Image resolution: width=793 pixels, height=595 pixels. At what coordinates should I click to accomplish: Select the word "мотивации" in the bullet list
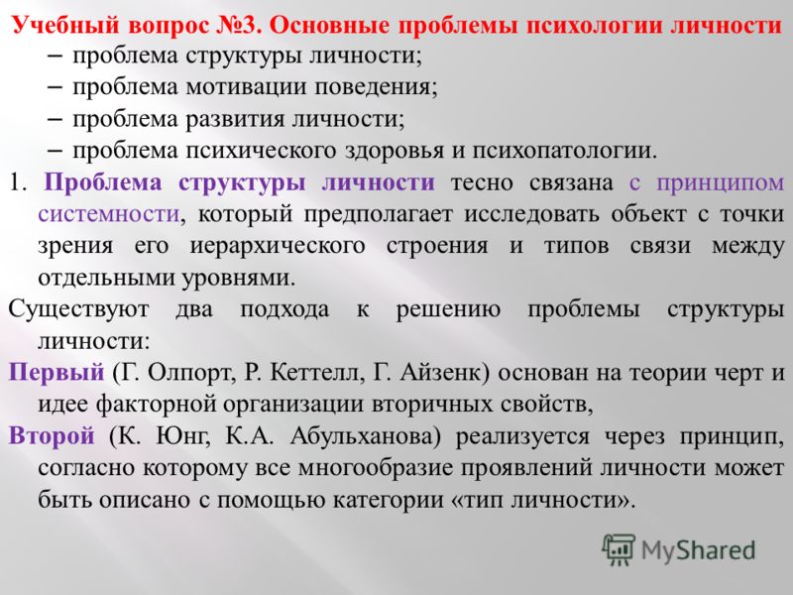tap(246, 87)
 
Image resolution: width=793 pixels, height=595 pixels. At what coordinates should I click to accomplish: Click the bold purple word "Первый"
tap(57, 373)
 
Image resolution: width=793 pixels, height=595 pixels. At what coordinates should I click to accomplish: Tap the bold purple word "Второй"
tap(52, 435)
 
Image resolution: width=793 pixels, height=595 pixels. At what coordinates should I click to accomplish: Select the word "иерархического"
tap(278, 246)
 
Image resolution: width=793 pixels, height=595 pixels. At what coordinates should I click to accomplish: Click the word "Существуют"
tap(78, 309)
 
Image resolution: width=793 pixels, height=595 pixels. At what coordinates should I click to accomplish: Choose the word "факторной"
tap(155, 405)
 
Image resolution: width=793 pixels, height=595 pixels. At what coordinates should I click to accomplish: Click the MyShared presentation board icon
tap(618, 549)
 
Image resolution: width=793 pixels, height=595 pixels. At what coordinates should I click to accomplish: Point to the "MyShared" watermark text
tap(698, 551)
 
